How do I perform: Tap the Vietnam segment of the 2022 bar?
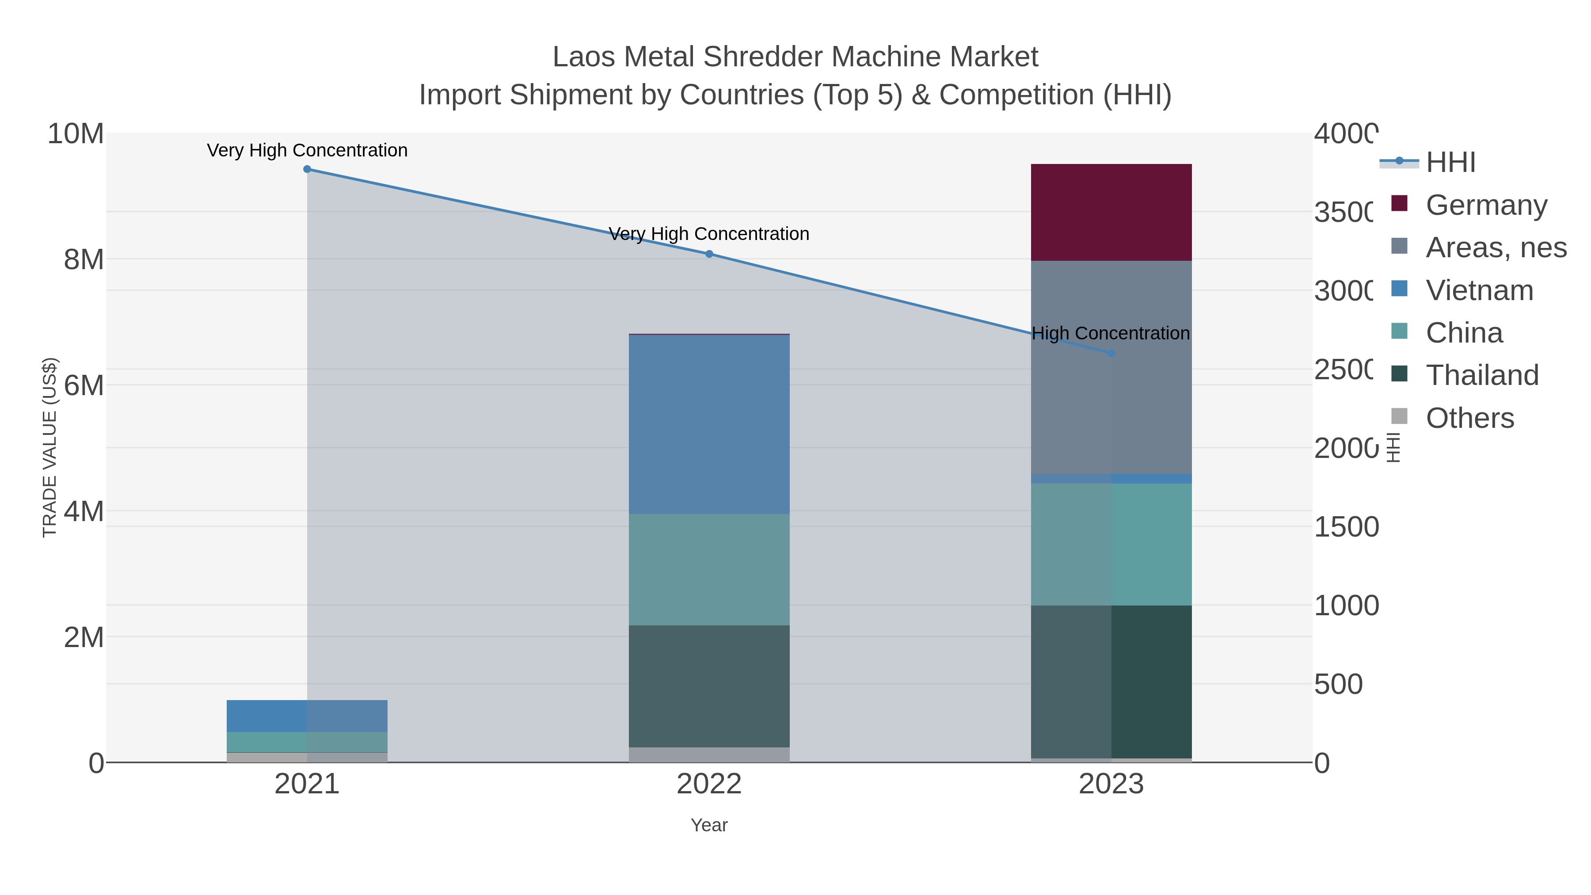[708, 424]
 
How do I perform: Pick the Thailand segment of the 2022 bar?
[708, 686]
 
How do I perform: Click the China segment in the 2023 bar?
[1111, 544]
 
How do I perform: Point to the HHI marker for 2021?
[307, 169]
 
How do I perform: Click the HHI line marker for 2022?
[709, 254]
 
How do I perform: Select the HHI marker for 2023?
[1111, 353]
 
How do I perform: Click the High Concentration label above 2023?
[1110, 334]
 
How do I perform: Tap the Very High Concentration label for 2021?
[307, 151]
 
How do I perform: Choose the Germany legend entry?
[1486, 205]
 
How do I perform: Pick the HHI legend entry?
[1450, 163]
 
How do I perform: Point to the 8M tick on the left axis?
[84, 260]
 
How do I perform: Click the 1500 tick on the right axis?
[1346, 527]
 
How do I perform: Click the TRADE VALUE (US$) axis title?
[49, 447]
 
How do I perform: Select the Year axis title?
[708, 825]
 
